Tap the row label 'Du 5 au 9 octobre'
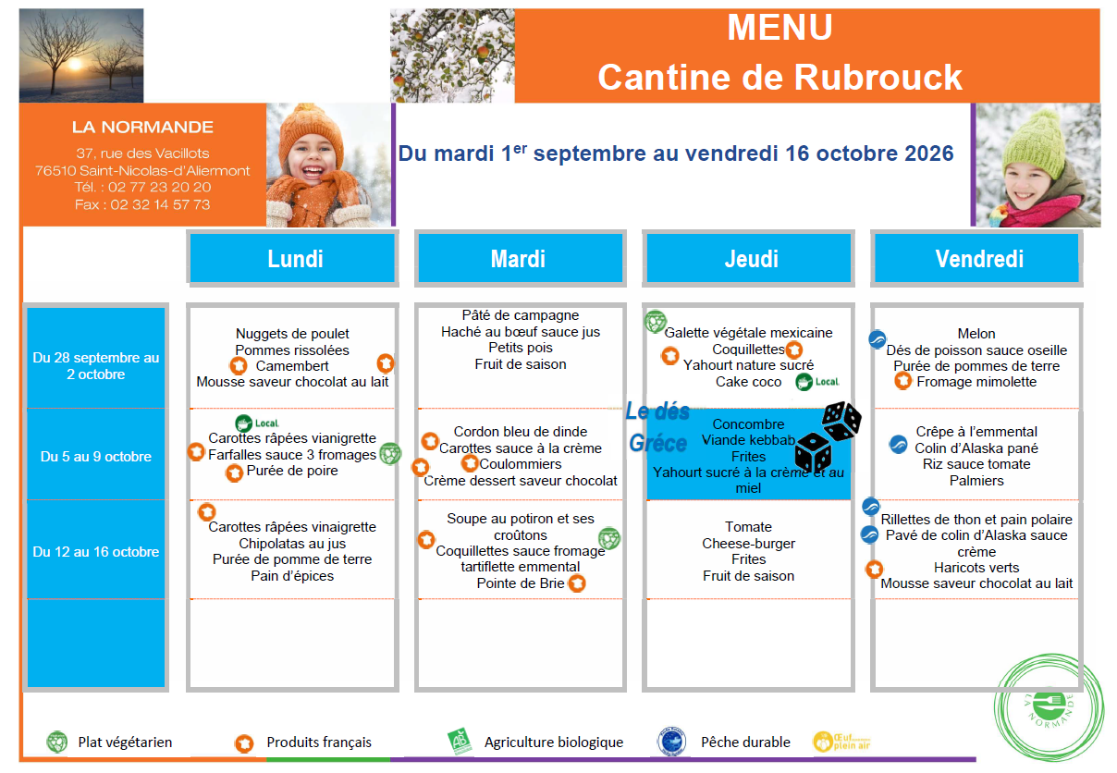click(96, 457)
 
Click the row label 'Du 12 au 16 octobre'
click(96, 552)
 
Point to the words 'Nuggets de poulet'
click(292, 333)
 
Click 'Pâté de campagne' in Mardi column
click(520, 315)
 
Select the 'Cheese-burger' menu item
click(748, 543)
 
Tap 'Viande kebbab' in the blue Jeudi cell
click(748, 440)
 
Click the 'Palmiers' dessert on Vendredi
click(976, 480)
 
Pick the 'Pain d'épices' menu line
click(292, 575)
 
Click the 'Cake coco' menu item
click(748, 382)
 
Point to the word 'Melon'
click(976, 333)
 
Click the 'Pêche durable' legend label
click(745, 742)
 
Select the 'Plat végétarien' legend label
click(125, 742)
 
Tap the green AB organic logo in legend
click(460, 741)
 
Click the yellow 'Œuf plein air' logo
click(841, 742)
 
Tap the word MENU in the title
click(779, 27)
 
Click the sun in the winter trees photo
click(75, 64)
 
